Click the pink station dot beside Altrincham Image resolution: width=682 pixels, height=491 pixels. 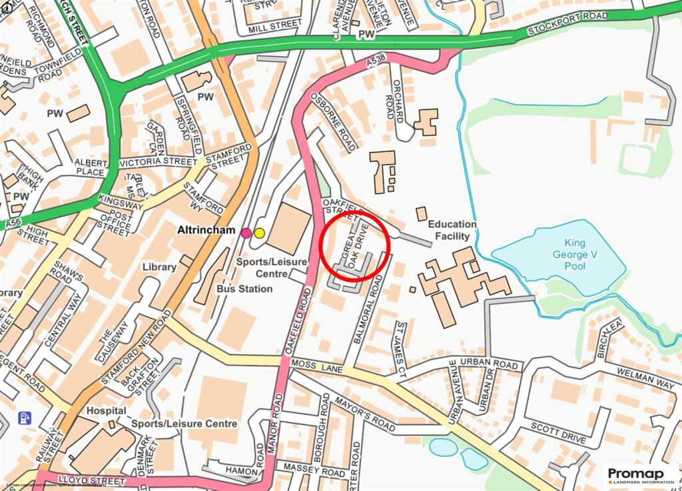[246, 233]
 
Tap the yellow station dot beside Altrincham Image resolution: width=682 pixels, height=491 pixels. [259, 233]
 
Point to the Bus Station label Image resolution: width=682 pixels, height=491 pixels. [244, 288]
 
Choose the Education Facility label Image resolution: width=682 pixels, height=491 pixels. [452, 230]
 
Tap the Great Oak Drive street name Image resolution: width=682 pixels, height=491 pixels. [354, 248]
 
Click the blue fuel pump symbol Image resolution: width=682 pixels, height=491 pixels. [24, 418]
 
